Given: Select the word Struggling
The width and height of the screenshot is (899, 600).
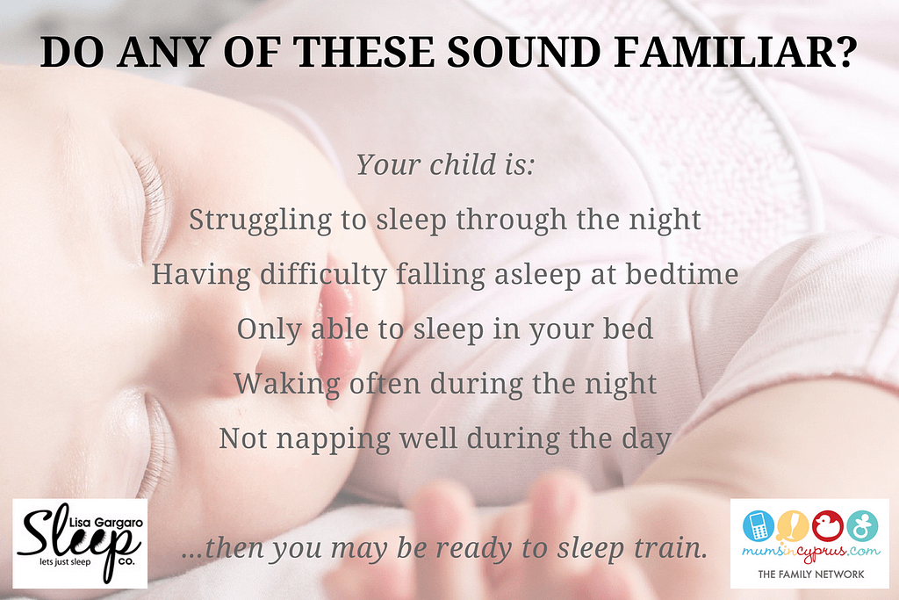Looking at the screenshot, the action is point(261,221).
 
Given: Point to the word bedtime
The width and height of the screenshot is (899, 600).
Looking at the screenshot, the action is point(681,273).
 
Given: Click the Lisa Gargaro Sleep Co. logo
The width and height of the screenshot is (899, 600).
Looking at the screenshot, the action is point(80,543).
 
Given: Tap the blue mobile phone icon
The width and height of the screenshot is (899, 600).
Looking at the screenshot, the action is point(758,526).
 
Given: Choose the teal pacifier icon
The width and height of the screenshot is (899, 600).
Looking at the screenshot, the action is point(862,526).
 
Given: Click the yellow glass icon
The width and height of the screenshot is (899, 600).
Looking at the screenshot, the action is point(793,526).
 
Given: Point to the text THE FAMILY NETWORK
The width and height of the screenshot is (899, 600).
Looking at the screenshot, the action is point(810,574).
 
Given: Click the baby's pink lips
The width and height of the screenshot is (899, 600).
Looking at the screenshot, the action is point(337,329).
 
